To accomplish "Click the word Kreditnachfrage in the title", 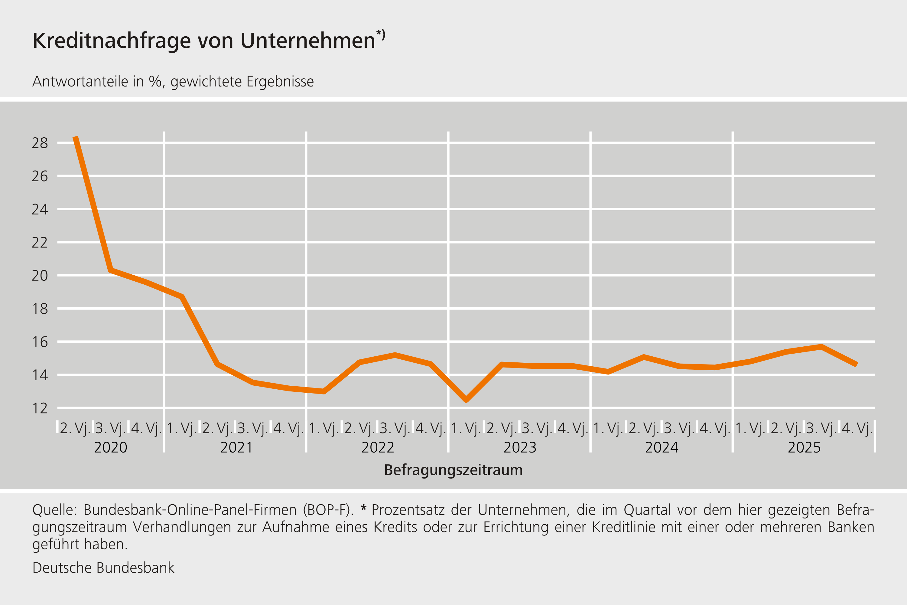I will [112, 41].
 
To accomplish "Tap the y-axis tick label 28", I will [40, 143].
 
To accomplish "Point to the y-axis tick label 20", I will [40, 276].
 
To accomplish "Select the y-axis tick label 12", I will [40, 408].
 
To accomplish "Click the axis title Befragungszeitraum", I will [453, 470].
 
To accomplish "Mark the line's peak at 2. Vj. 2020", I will [76, 137].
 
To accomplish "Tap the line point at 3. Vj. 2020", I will [111, 270].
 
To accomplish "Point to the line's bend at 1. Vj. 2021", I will [182, 296].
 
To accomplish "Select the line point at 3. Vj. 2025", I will [821, 346].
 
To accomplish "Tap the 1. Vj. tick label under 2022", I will [323, 428].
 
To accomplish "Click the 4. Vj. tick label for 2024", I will [715, 428].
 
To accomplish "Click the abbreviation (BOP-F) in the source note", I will [328, 510].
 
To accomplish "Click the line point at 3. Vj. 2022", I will [395, 355].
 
